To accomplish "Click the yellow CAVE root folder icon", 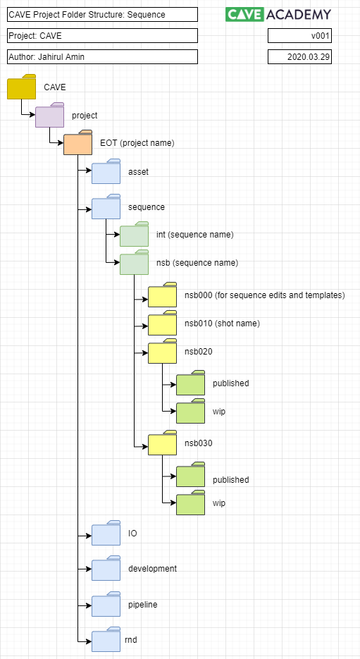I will tap(21, 87).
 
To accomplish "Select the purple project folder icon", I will tap(49, 116).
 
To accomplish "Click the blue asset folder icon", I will tap(106, 172).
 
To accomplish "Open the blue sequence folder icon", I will tap(106, 207).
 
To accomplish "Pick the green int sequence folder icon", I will tap(134, 235).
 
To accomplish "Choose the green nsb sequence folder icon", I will tap(134, 263).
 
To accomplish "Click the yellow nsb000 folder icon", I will tap(162, 295).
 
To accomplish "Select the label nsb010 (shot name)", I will tap(222, 324).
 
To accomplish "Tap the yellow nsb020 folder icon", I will tap(162, 352).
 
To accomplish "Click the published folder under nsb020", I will tap(190, 383).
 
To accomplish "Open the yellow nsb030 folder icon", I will tap(162, 443).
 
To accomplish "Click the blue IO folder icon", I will tap(106, 534).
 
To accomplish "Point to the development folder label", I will tap(152, 569).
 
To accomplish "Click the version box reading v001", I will tap(299, 36).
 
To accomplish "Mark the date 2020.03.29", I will tap(299, 57).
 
